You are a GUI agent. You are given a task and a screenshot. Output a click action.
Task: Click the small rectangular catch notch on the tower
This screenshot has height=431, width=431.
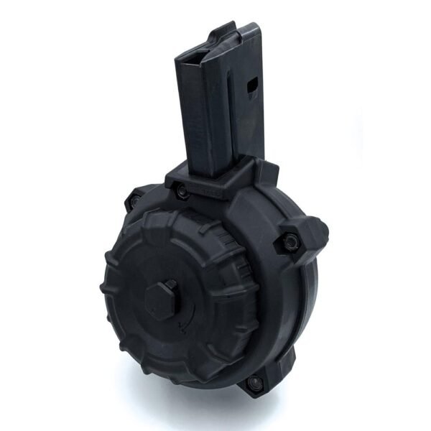click(x=252, y=88)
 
